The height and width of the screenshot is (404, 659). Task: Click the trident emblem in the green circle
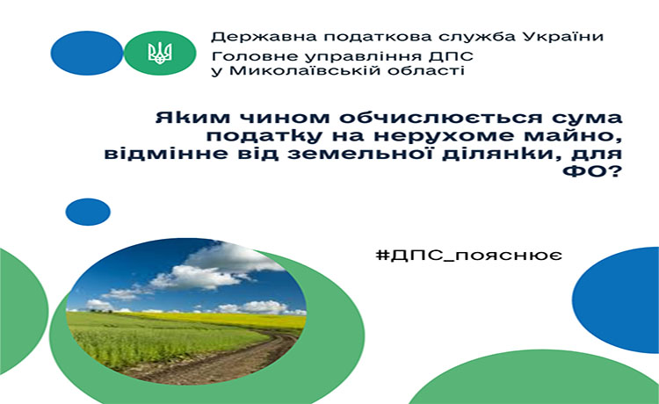pyautogui.click(x=160, y=53)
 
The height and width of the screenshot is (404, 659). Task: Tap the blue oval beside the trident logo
pyautogui.click(x=87, y=53)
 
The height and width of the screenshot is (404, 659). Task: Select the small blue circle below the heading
pyautogui.click(x=88, y=212)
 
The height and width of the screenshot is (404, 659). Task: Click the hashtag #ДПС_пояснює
pyautogui.click(x=469, y=255)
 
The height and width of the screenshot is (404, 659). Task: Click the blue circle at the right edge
pyautogui.click(x=617, y=299)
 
